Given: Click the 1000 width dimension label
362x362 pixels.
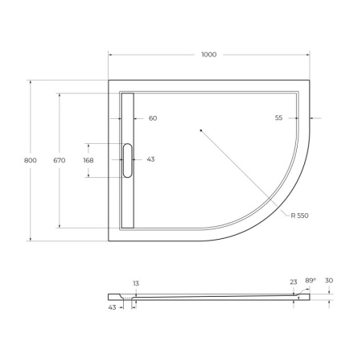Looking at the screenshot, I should [209, 55].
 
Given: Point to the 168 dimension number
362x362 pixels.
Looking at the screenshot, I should [88, 160].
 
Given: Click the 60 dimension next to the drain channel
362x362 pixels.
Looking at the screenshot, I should [153, 118].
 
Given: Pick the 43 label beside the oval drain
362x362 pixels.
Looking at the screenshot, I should [150, 159].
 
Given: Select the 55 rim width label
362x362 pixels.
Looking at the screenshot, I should [278, 118].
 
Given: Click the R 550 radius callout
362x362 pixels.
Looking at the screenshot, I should [300, 216].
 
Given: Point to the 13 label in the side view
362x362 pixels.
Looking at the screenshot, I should [135, 283].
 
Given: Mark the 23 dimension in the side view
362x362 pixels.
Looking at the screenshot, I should [294, 282].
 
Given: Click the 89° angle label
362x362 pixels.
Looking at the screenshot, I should [311, 280].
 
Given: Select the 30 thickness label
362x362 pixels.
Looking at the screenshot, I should [328, 281].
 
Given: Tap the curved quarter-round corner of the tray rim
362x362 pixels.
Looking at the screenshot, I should [296, 201].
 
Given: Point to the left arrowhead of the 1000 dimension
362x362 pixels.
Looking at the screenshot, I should [111, 55].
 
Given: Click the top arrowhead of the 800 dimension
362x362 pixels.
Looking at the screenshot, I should [31, 82].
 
